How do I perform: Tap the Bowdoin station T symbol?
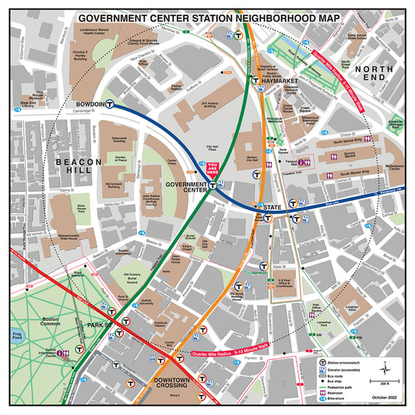coord(111,103)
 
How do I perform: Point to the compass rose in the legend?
coord(385,368)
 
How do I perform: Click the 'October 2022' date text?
coord(383,399)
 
